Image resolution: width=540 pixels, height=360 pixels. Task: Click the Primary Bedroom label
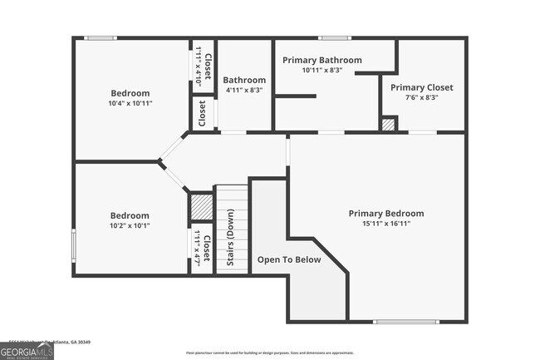tap(385, 214)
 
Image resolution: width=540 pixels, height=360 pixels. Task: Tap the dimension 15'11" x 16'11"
tap(385, 224)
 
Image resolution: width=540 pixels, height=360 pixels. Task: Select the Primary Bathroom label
tap(322, 60)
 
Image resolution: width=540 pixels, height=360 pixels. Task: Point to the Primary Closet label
tap(420, 87)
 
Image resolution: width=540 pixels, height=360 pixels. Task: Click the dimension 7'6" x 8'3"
tap(420, 97)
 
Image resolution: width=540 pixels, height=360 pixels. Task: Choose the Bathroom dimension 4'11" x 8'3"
tap(243, 91)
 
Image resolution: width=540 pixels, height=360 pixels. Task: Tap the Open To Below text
tap(288, 260)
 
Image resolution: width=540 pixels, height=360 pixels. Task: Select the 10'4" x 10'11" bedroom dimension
tap(130, 103)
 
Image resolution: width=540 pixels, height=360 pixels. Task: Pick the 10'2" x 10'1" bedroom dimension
tap(130, 225)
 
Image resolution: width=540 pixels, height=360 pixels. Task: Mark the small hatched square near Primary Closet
tap(388, 124)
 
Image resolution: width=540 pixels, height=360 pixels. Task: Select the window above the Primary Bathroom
tap(335, 37)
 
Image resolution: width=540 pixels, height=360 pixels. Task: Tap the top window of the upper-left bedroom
tap(101, 37)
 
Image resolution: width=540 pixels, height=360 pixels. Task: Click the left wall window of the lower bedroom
tap(74, 244)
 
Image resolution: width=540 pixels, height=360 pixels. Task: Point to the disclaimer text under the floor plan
tap(269, 353)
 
